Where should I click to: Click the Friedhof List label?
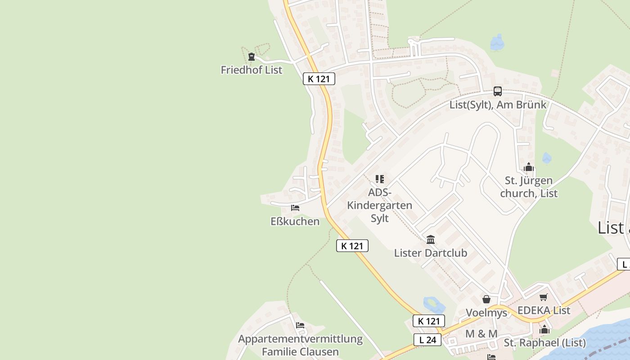click(x=252, y=70)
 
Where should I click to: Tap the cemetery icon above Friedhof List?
click(x=252, y=57)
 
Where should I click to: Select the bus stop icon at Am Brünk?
click(x=497, y=91)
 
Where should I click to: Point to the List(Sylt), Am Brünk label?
click(x=498, y=105)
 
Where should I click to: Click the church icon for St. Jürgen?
click(x=529, y=167)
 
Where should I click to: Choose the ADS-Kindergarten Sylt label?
click(x=379, y=205)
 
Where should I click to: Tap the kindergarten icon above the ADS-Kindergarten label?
click(x=380, y=179)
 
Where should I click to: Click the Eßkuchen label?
click(x=295, y=221)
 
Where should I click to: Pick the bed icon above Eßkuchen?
click(x=295, y=208)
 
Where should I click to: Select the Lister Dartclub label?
click(x=431, y=253)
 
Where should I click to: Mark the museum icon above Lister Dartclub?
click(x=431, y=239)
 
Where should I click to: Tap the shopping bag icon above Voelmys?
click(x=486, y=299)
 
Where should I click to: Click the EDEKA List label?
click(x=544, y=310)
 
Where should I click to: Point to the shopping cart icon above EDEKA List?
click(x=544, y=297)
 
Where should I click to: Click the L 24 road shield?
click(x=427, y=340)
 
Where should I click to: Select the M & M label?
click(x=481, y=334)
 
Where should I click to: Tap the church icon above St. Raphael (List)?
click(x=544, y=329)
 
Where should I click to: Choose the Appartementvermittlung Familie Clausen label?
click(x=300, y=345)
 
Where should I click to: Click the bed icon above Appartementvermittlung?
click(x=300, y=325)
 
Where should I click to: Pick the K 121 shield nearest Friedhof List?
click(x=319, y=79)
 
